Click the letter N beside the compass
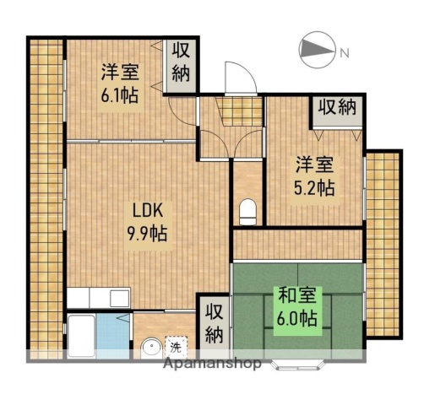click(x=344, y=53)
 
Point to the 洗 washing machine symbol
click(x=176, y=346)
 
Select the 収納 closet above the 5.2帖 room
click(x=337, y=108)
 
